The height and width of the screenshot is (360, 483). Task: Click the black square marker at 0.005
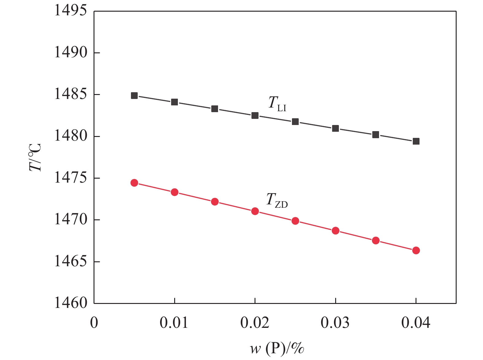point(134,96)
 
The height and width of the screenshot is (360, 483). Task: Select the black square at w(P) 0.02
point(255,116)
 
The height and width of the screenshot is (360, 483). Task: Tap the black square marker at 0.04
point(416,141)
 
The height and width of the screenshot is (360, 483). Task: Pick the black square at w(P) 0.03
point(335,128)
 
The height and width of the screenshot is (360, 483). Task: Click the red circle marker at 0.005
point(134,183)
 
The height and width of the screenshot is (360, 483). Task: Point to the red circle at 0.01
point(174,192)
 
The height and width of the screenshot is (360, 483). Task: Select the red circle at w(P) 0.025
point(295,221)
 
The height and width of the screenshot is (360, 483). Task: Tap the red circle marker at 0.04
point(416,250)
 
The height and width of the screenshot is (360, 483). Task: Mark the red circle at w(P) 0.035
point(376,241)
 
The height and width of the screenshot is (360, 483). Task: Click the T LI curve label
point(277,103)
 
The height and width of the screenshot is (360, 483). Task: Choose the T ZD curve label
point(277,200)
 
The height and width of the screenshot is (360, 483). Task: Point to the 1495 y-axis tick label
point(71,11)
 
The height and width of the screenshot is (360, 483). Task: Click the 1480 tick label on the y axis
point(71,136)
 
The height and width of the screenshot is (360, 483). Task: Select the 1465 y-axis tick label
point(71,262)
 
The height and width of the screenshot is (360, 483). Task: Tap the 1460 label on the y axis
point(71,303)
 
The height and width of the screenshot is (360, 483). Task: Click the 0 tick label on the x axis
point(94,323)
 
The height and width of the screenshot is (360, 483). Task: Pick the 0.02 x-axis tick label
point(255,323)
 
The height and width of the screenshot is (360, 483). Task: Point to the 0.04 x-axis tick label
point(416,323)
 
